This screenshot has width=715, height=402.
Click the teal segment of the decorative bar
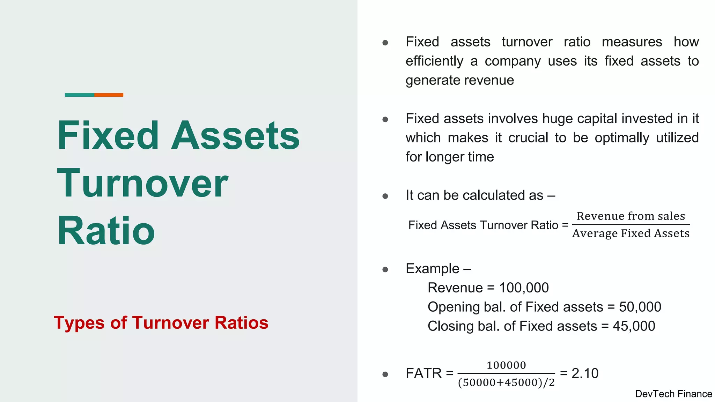click(79, 95)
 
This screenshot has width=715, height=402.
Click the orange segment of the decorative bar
click(109, 95)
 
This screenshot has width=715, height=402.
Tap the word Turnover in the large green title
click(142, 183)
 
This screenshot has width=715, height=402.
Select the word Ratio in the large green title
click(106, 231)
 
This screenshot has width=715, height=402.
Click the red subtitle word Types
click(79, 323)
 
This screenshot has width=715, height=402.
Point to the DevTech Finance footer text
click(673, 394)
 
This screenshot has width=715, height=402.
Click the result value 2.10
click(585, 373)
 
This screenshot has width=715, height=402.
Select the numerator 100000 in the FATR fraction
click(506, 365)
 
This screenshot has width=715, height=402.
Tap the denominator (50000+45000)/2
click(506, 383)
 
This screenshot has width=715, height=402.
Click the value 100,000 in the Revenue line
click(524, 288)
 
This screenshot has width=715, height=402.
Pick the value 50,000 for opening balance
click(640, 307)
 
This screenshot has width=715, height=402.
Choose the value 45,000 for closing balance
click(634, 326)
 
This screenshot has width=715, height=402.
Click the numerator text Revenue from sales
click(631, 216)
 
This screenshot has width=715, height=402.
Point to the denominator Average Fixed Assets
click(631, 233)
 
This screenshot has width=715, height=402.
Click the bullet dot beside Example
click(385, 269)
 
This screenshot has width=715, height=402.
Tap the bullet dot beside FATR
click(385, 374)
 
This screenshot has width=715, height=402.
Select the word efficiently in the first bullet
click(434, 61)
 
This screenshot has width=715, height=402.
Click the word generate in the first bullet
click(428, 81)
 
